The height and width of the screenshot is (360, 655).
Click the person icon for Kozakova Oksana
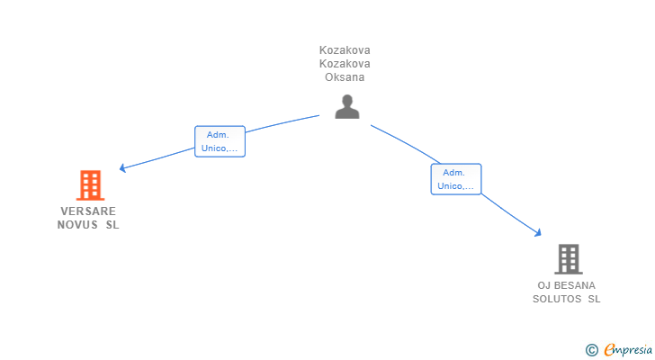[x=346, y=107]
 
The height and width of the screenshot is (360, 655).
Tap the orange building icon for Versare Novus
[x=89, y=185]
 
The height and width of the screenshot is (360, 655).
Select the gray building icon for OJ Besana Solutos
[x=568, y=259]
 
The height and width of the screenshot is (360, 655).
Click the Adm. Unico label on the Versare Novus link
[x=220, y=141]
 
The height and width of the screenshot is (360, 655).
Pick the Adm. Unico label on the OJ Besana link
[x=455, y=179]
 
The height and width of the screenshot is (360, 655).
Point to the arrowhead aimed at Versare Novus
[x=123, y=167]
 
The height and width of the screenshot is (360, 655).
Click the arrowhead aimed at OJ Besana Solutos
[x=538, y=233]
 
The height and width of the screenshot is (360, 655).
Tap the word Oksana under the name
[x=345, y=77]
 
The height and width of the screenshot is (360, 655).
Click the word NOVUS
[x=76, y=225]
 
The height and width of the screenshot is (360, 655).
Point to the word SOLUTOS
[x=557, y=299]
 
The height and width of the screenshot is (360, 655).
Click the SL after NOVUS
[x=112, y=225]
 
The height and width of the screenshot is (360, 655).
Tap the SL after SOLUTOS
[x=594, y=299]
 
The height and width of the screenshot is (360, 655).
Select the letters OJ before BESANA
[x=543, y=285]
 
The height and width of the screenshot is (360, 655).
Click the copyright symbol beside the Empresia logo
[x=591, y=350]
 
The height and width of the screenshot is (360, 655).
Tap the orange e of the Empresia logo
[x=610, y=350]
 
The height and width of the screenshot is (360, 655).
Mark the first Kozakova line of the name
[x=345, y=50]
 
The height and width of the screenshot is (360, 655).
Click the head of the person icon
[x=346, y=100]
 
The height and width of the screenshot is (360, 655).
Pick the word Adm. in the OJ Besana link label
[x=454, y=172]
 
